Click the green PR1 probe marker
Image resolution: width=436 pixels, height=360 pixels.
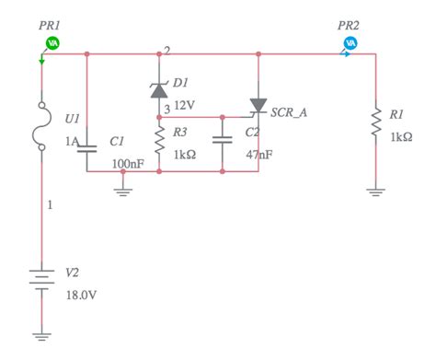(52, 42)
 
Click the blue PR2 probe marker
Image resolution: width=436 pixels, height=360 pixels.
(350, 42)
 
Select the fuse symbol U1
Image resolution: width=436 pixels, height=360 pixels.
(41, 120)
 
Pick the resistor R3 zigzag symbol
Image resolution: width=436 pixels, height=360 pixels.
(158, 141)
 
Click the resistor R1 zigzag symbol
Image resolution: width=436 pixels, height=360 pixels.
(376, 124)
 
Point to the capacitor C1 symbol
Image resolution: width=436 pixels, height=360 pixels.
(86, 145)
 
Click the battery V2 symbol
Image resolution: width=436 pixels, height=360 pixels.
(41, 278)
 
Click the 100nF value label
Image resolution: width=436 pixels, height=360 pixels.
(127, 163)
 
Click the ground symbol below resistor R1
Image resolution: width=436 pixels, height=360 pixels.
(376, 192)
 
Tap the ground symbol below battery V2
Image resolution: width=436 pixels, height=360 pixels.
(41, 337)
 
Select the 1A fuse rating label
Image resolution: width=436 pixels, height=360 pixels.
(71, 141)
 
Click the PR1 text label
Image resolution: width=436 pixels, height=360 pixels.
(51, 22)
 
